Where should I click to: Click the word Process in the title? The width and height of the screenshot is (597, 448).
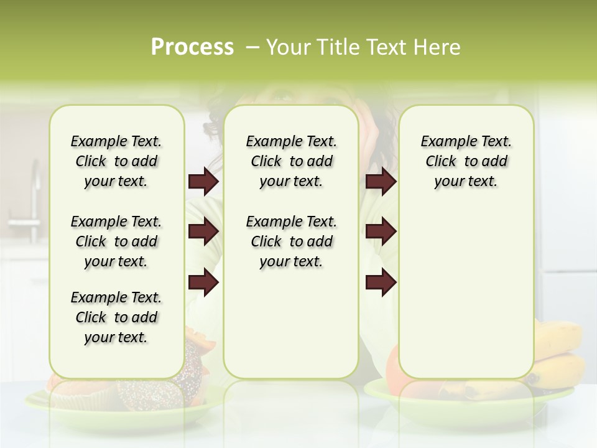click(192, 47)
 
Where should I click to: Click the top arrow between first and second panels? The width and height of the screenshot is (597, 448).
click(203, 182)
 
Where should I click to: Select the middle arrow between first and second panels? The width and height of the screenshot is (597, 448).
click(203, 231)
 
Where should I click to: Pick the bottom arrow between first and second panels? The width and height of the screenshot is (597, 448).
click(203, 282)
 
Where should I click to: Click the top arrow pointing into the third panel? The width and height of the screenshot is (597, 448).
click(381, 182)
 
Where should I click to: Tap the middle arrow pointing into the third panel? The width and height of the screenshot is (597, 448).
click(381, 231)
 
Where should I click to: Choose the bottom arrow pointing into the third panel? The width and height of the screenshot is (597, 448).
click(381, 282)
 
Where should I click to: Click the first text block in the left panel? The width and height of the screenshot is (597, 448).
click(116, 161)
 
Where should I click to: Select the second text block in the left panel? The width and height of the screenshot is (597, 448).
click(116, 241)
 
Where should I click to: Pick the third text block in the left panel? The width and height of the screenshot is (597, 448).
click(116, 317)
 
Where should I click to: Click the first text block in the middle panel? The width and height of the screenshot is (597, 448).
click(292, 161)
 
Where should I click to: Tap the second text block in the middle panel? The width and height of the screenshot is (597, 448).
click(292, 241)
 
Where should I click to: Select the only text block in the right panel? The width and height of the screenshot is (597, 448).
click(466, 161)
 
